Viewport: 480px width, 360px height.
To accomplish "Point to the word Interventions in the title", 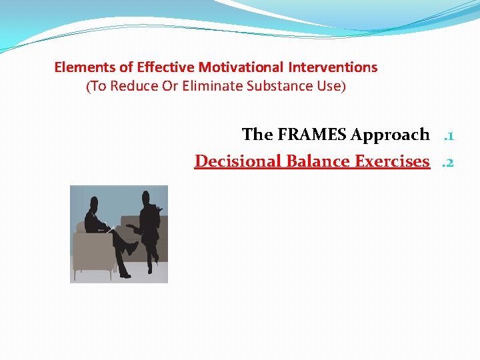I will point(333,67).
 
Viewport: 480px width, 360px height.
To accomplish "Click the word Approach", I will point(390,135).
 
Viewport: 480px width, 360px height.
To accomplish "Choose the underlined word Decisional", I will point(238,161).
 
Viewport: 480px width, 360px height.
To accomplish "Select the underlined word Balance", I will point(319,161).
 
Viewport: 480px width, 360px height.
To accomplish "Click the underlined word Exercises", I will point(393,161).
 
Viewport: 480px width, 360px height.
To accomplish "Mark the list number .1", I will point(449,135).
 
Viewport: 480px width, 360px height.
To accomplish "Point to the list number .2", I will point(449,162).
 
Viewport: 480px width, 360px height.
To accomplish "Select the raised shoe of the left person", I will point(133,247).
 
